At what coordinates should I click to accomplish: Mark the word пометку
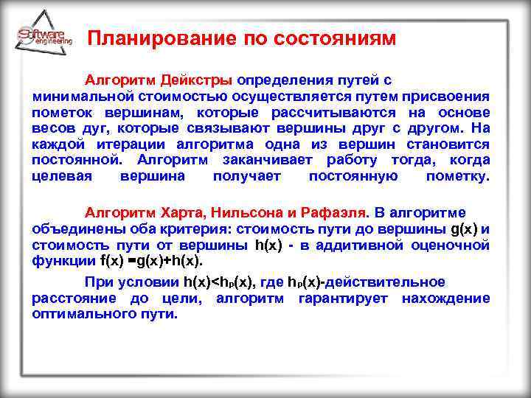457,176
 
